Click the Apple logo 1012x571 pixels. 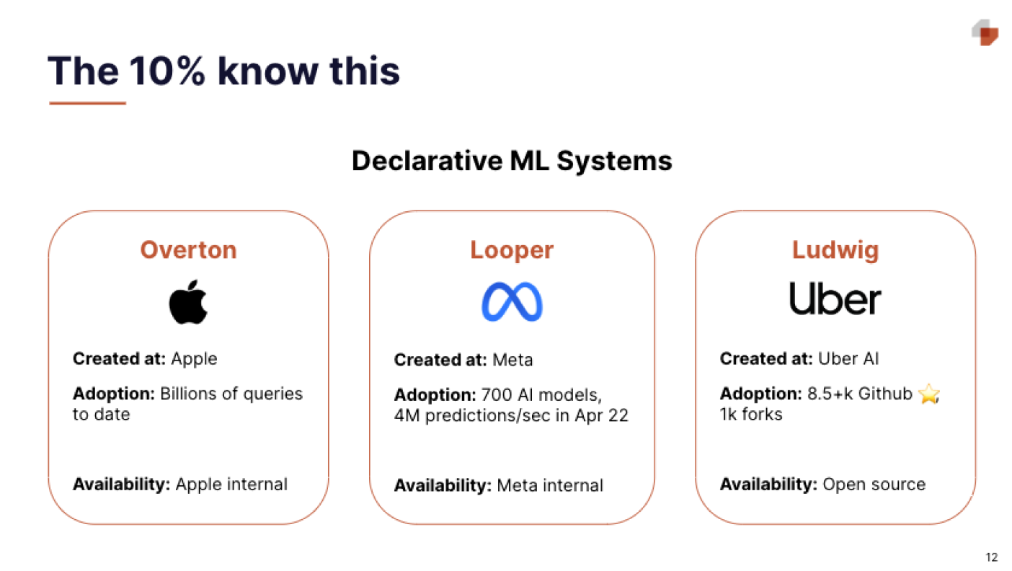(188, 301)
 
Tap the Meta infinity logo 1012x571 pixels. (512, 301)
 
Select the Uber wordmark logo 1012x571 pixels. (835, 298)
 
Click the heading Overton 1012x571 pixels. (188, 250)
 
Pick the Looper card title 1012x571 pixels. (512, 250)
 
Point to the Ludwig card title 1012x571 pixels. (835, 250)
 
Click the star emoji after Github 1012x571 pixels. (929, 395)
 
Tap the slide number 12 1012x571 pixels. (992, 557)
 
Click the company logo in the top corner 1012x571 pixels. (985, 32)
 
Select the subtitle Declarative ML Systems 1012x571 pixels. (512, 160)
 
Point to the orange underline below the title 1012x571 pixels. (87, 103)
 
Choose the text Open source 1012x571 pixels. (874, 484)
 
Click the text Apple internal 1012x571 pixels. (231, 484)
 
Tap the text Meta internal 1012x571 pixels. (549, 485)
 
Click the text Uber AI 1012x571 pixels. (848, 358)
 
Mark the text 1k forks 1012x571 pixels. (751, 414)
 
